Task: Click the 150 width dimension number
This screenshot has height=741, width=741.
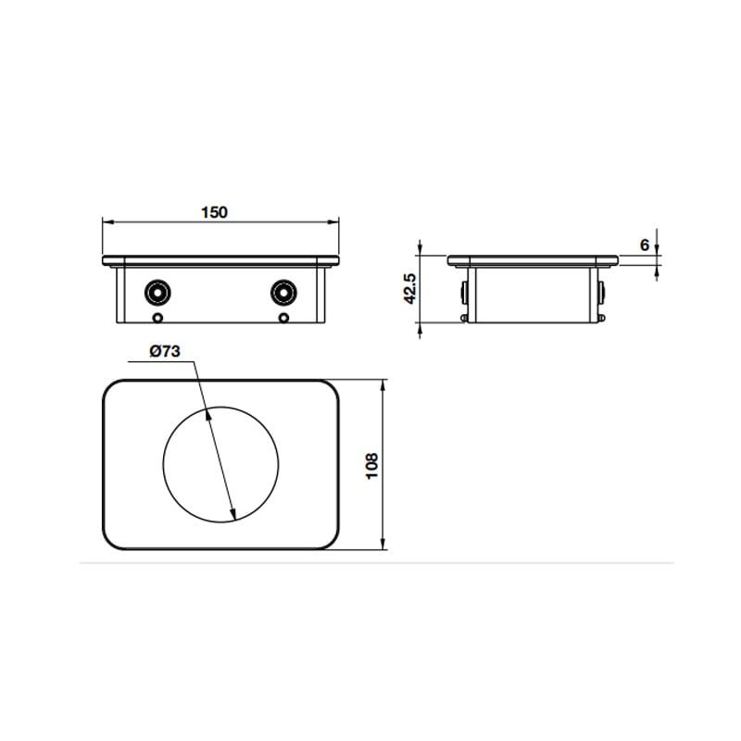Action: tap(214, 212)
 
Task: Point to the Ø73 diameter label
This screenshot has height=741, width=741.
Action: tap(164, 351)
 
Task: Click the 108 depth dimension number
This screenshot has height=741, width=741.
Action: tap(372, 465)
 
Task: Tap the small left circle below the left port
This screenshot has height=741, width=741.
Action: tap(157, 319)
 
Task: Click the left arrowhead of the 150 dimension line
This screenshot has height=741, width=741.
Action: tap(106, 222)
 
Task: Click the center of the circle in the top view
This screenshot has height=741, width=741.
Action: tap(220, 463)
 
